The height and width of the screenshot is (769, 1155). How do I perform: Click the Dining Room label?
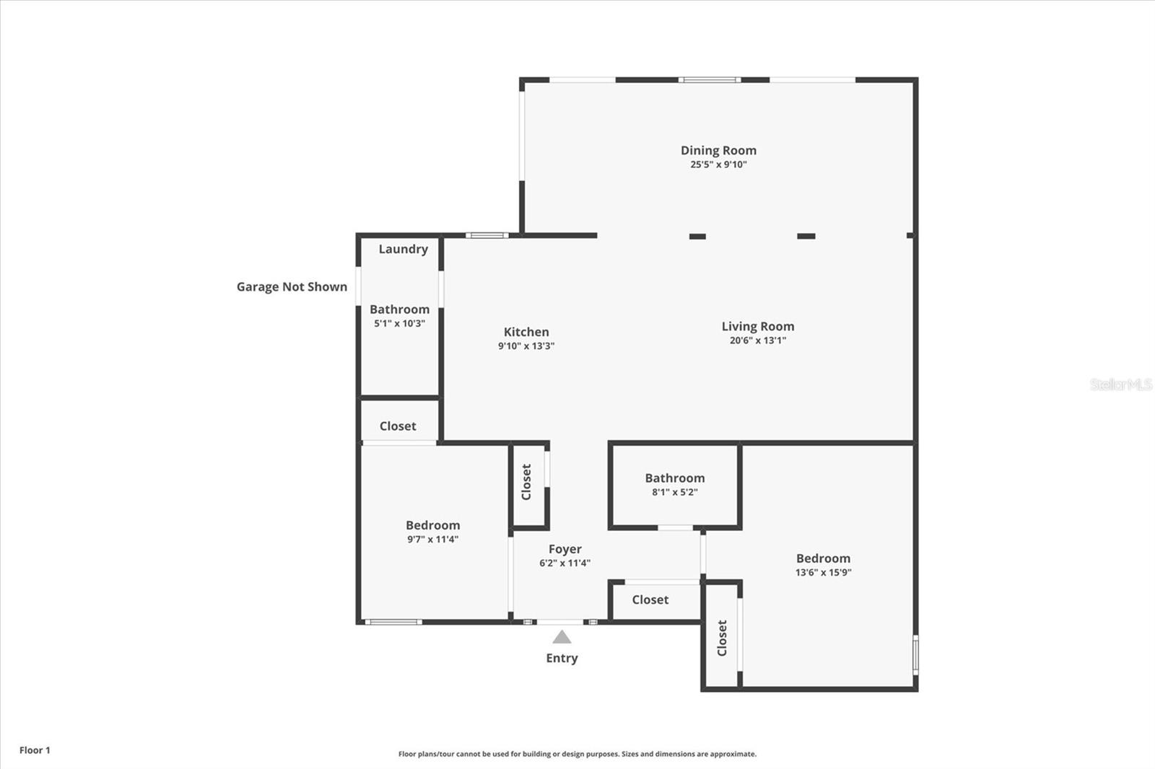718,150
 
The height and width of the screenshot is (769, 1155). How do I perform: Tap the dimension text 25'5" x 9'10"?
718,164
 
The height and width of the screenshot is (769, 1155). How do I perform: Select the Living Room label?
757,326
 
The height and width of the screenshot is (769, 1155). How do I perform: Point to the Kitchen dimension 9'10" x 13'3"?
526,346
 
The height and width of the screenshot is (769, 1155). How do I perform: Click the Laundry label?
403,249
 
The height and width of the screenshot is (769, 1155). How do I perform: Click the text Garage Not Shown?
292,286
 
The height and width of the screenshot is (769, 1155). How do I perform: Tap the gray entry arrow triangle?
562,637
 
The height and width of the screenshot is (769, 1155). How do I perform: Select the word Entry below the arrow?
562,658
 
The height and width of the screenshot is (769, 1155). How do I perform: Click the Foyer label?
565,549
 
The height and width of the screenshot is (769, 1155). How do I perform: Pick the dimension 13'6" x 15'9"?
823,573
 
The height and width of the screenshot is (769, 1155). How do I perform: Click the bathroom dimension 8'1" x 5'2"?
674,493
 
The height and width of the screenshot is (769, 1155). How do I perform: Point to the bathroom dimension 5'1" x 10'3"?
399,324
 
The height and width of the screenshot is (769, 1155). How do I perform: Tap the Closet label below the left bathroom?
398,426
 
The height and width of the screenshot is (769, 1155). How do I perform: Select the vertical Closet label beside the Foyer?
526,482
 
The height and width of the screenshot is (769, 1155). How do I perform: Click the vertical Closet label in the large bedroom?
722,638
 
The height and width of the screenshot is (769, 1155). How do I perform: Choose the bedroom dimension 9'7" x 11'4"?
432,540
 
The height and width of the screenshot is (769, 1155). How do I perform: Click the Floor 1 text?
35,750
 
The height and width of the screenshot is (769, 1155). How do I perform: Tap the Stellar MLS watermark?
1120,384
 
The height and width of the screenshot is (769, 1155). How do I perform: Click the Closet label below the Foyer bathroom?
650,599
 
